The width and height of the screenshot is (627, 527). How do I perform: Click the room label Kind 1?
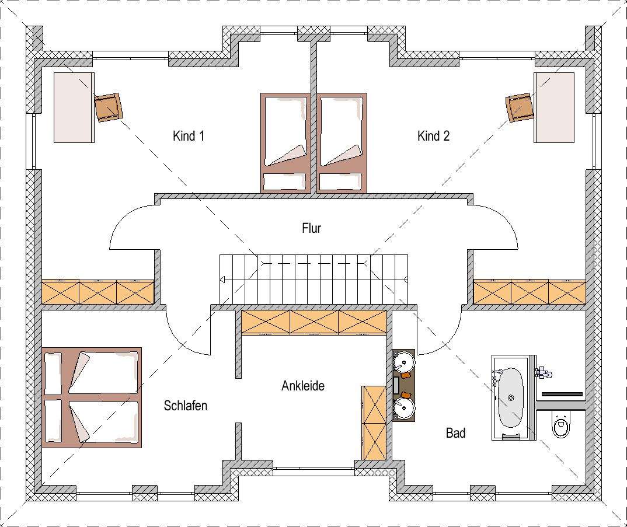(189, 136)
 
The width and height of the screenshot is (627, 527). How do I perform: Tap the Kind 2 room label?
(433, 136)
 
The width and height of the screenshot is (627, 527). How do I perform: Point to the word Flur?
(312, 228)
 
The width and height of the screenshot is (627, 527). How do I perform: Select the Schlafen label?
(186, 406)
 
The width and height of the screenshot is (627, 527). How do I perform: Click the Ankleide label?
(303, 386)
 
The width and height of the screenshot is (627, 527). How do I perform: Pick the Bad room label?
(455, 432)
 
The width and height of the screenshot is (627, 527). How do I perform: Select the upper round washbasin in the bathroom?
(404, 361)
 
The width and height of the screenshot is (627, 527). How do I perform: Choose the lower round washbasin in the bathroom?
(404, 409)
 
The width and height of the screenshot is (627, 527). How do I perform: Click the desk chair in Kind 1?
(108, 107)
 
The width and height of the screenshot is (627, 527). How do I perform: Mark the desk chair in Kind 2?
(520, 107)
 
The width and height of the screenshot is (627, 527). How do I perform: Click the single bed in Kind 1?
(285, 143)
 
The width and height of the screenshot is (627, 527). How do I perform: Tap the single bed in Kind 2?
(342, 143)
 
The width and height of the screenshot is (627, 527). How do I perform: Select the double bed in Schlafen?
(92, 397)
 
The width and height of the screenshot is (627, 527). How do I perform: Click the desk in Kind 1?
(74, 107)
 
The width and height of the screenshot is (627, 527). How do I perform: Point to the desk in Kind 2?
(554, 107)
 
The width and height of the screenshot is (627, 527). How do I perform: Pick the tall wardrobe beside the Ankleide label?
(374, 423)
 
